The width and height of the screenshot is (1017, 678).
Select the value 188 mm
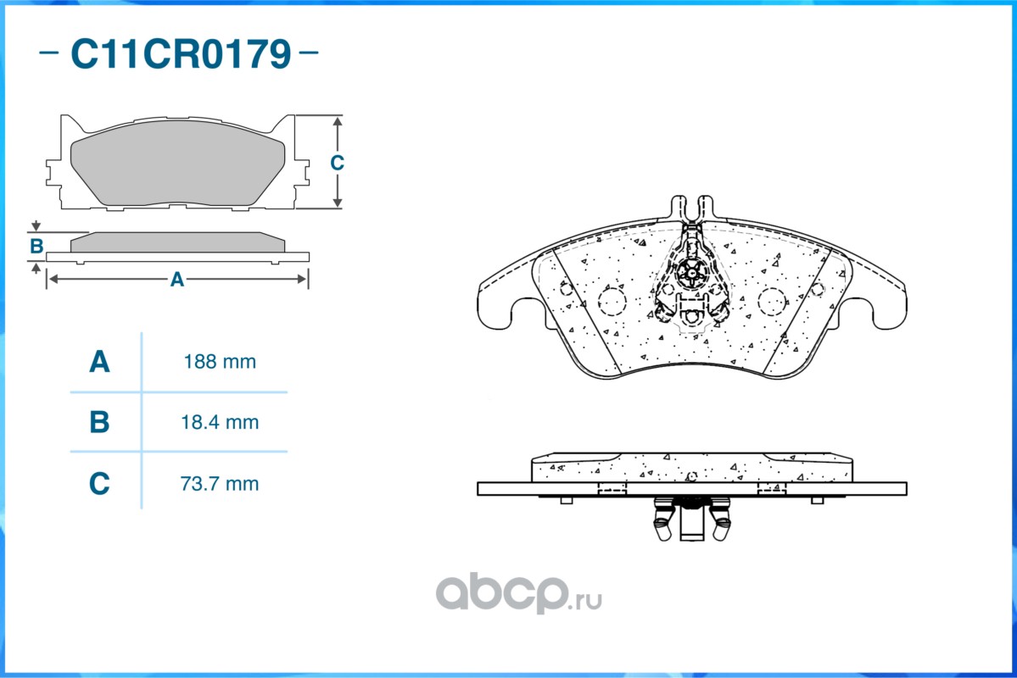coord(220,362)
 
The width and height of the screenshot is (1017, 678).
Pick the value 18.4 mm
coord(220,422)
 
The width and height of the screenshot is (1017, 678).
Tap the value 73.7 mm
coord(220,484)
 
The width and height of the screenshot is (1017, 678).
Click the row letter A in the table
coord(99,362)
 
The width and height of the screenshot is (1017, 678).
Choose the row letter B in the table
coord(99,422)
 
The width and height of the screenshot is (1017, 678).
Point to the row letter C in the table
coord(99,484)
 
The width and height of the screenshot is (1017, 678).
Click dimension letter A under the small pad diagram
coord(177,279)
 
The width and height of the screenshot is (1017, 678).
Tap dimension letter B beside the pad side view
coord(36,247)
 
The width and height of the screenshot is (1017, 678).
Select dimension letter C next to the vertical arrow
coord(337,163)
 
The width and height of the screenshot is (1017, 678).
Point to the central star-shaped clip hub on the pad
coord(691,272)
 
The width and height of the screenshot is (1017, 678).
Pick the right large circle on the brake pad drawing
coord(771,300)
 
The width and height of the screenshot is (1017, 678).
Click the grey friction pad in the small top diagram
coord(177,169)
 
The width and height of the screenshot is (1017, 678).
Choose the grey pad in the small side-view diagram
coord(177,242)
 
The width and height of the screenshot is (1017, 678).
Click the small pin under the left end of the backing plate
coord(567,500)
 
